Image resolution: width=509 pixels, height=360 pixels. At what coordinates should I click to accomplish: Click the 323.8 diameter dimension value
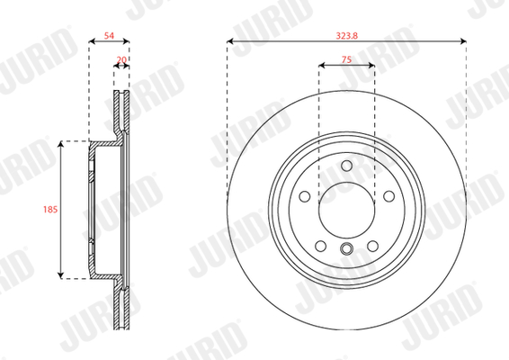click(347, 35)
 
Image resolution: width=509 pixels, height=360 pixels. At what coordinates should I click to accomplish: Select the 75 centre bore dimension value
click(346, 59)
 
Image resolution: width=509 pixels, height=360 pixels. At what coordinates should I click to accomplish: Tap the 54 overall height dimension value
click(109, 35)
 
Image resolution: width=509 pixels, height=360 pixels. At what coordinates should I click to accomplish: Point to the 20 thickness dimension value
click(121, 59)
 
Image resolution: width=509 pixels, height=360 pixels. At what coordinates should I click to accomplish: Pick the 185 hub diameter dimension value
click(50, 209)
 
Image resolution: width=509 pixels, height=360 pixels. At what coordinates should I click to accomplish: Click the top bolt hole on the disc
click(347, 166)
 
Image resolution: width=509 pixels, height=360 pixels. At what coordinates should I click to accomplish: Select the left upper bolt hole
click(305, 196)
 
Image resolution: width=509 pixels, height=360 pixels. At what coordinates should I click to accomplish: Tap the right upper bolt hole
click(388, 196)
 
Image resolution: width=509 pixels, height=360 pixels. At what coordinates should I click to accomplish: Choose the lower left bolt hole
click(321, 246)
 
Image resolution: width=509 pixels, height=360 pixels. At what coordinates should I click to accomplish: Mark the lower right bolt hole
click(372, 246)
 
